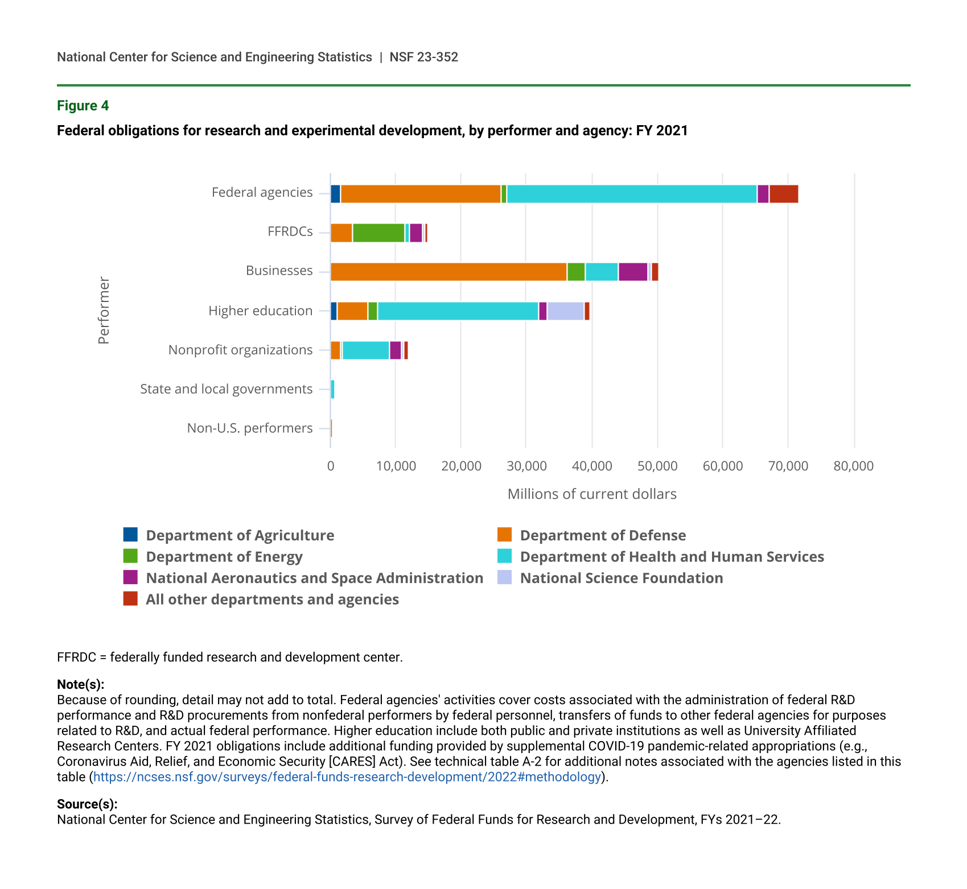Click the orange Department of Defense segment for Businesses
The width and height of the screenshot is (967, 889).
448,272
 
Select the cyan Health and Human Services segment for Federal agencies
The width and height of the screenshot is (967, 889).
632,194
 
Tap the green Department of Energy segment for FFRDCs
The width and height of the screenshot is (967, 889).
378,233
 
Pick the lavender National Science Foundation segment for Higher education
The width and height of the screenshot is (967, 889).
565,311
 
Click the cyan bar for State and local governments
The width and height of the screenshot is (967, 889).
332,390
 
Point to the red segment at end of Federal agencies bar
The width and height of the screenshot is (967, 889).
784,194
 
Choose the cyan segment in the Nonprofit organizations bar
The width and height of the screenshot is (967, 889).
366,350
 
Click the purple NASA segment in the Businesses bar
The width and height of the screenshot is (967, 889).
633,272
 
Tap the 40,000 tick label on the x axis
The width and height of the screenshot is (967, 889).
592,466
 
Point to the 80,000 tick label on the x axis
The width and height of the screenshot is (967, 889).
853,466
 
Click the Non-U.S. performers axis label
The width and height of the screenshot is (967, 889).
250,428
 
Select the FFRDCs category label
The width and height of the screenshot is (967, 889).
290,231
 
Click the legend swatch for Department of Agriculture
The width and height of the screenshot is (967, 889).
130,535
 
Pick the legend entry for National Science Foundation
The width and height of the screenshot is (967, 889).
622,578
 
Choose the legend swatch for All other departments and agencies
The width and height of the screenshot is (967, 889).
130,599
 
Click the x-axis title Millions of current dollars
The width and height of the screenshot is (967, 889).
592,494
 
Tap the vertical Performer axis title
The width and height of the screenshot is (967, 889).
103,311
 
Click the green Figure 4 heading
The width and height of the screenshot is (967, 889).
83,106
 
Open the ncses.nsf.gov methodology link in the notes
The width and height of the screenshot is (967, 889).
347,777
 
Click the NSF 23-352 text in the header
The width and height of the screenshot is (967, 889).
424,57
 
